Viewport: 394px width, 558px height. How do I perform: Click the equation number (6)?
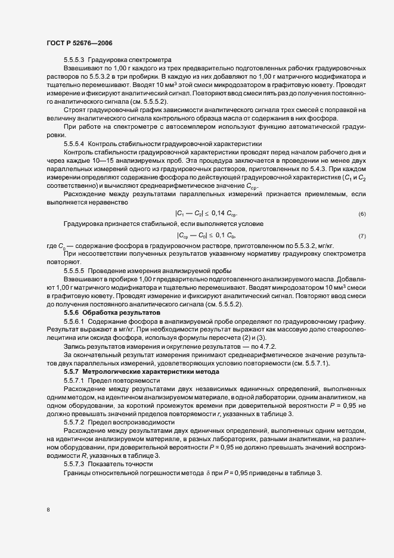tap(362, 213)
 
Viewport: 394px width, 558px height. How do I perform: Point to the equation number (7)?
tap(362, 236)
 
